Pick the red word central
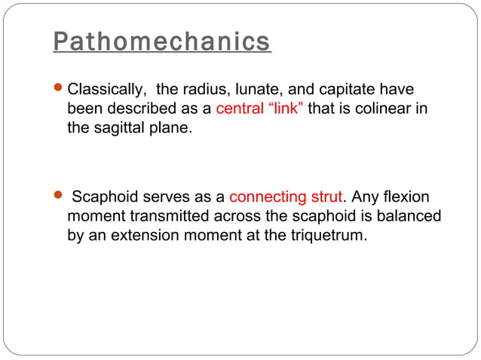point(240,109)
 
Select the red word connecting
point(265,198)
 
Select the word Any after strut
point(364,198)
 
